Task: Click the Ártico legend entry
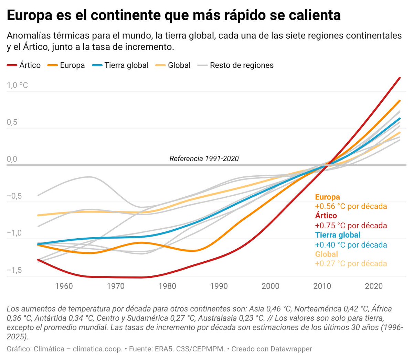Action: (24, 65)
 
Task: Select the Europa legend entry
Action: (66, 65)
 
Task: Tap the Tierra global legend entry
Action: (120, 65)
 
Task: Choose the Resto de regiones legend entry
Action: (235, 65)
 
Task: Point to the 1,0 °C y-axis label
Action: (17, 85)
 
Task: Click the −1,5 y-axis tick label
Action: (14, 270)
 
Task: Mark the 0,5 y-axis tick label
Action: (12, 122)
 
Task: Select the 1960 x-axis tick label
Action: (64, 286)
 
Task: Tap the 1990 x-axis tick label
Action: (219, 286)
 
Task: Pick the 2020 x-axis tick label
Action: (374, 286)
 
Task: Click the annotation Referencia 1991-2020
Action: (204, 159)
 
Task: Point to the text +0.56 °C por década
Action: (351, 206)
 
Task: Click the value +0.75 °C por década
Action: (351, 226)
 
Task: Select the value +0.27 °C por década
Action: (351, 263)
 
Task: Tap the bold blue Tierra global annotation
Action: (338, 235)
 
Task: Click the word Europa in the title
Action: (30, 15)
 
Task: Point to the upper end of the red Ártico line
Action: (400, 78)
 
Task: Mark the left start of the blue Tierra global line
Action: (38, 244)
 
